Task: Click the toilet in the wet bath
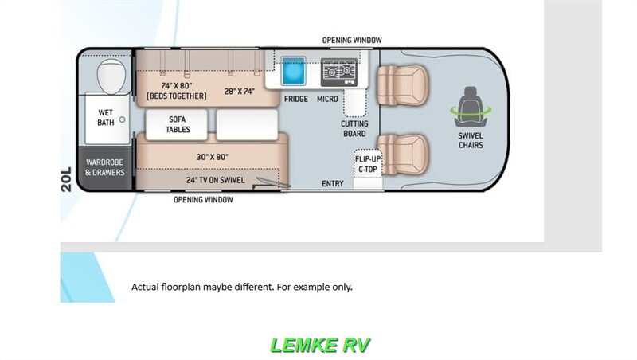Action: click(111, 76)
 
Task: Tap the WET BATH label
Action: click(106, 117)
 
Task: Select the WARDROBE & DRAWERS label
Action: click(105, 167)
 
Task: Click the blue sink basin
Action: click(293, 71)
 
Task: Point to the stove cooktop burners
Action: click(339, 72)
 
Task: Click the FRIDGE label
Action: click(295, 99)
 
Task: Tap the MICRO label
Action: click(327, 99)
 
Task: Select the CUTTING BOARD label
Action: click(354, 129)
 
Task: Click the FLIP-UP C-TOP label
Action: click(368, 164)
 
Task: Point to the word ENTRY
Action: click(333, 184)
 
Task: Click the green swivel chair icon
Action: click(471, 107)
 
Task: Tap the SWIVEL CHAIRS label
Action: click(471, 141)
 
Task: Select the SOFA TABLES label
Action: click(178, 124)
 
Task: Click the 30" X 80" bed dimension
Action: click(213, 157)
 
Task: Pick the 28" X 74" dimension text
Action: click(240, 92)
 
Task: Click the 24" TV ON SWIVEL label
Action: click(215, 180)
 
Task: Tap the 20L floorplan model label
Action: click(66, 178)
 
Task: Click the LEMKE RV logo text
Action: click(320, 346)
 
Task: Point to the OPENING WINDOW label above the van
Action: click(352, 41)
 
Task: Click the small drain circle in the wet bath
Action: click(122, 119)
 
